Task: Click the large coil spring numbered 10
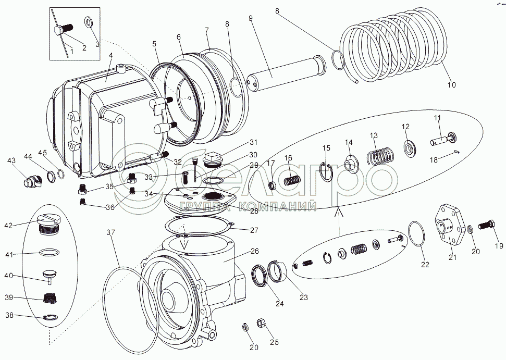pyautogui.click(x=396, y=47)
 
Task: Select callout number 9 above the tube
pyautogui.click(x=251, y=18)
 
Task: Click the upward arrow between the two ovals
pyautogui.click(x=338, y=213)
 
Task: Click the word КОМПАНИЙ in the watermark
pyautogui.click(x=278, y=207)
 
